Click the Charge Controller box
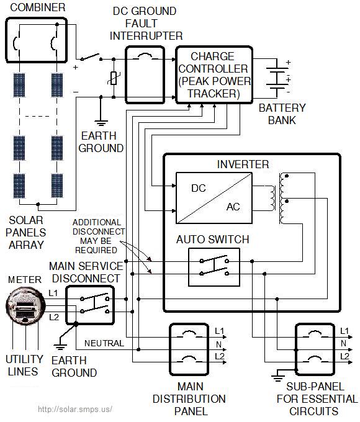[215, 74]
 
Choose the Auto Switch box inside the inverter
[214, 267]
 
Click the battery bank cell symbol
[277, 79]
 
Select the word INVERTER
[243, 164]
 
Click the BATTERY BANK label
[277, 114]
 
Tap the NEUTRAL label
[104, 343]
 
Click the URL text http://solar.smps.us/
[74, 410]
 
